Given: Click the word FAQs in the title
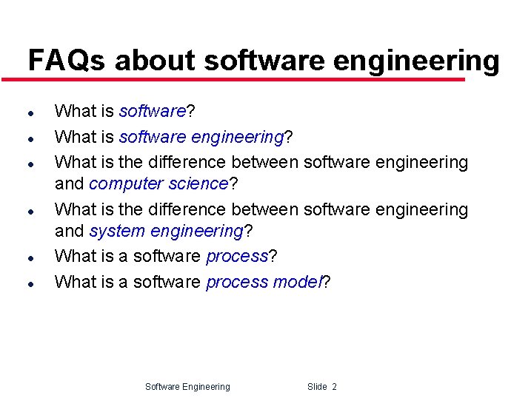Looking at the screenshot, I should [67, 60].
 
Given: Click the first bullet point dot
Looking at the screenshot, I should [29, 113].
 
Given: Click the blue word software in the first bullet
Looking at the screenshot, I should [152, 112].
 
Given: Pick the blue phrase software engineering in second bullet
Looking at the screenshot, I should [201, 137].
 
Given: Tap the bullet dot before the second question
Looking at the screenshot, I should [29, 138].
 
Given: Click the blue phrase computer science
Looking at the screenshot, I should [158, 183].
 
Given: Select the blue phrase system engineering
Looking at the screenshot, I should [166, 232].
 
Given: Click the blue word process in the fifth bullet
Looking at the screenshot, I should [237, 257].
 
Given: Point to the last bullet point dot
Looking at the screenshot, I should [29, 283].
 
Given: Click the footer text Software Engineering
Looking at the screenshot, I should [187, 387].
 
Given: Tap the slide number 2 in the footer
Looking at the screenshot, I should [334, 387].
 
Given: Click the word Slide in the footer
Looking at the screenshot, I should [317, 387].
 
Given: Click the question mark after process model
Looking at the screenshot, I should [327, 282].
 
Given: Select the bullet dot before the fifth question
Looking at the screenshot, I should [29, 258].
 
